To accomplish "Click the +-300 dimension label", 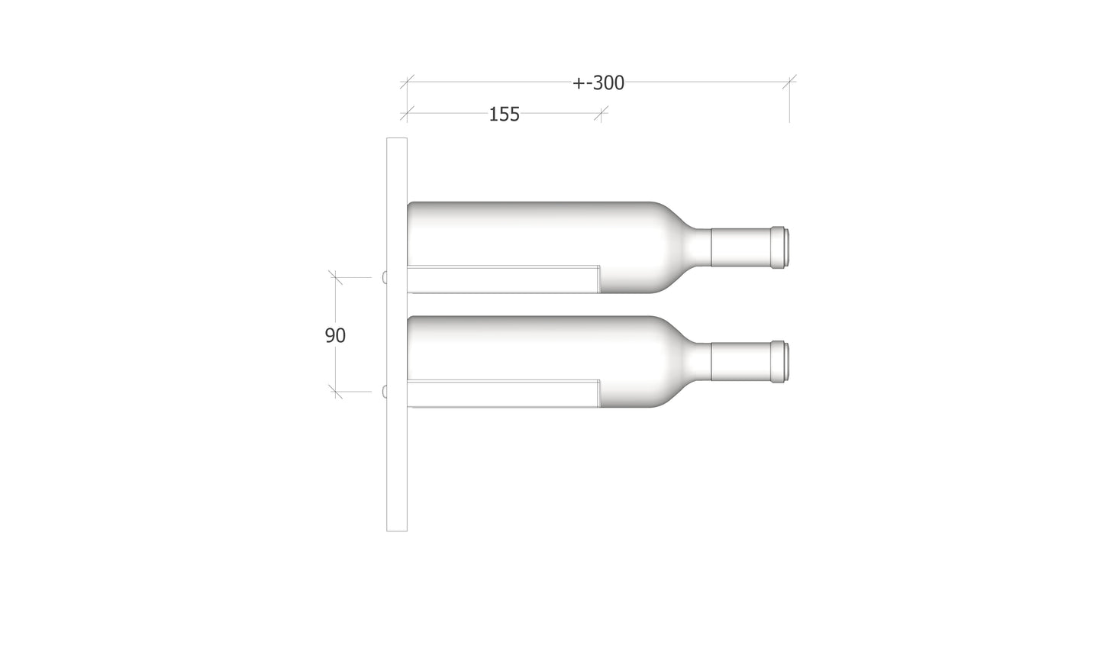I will [x=598, y=83].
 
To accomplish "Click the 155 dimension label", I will [x=504, y=115].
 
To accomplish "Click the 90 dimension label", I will [x=335, y=335].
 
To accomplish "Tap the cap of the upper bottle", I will [x=779, y=248].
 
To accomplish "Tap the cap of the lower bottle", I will [x=779, y=362].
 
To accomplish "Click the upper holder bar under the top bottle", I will [x=503, y=279].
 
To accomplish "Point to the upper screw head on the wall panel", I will [x=385, y=278].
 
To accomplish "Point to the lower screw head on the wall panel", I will [x=385, y=392].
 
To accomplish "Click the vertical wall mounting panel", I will [x=397, y=458].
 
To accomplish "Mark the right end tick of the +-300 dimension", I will [x=789, y=81].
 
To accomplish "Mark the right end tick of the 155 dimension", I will [x=601, y=114].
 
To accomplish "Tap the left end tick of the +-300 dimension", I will [x=407, y=81].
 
